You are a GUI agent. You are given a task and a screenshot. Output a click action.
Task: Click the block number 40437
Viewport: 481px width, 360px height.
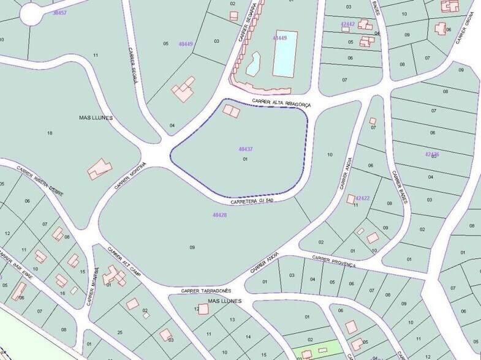point(246,149)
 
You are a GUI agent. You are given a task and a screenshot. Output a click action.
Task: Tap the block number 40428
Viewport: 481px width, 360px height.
point(219,215)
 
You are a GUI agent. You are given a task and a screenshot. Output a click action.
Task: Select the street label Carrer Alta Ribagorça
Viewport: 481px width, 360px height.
point(281,103)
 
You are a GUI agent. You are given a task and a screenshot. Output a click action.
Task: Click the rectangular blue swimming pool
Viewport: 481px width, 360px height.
point(284,53)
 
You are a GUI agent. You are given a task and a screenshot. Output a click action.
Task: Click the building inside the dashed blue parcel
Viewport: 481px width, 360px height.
point(232,111)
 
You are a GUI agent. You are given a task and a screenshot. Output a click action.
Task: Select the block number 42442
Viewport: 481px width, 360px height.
point(347,24)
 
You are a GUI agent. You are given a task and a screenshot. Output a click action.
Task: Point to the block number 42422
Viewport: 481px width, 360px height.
point(362,198)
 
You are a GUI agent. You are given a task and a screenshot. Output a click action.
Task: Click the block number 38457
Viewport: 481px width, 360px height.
point(59,12)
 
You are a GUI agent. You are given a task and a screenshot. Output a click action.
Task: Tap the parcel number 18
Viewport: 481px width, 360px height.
point(50,133)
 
